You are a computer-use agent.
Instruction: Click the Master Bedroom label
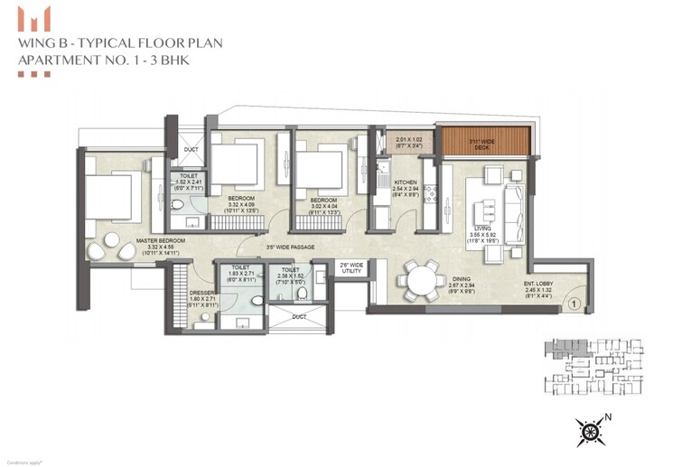[x=161, y=240]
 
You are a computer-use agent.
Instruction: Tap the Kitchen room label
[x=407, y=182]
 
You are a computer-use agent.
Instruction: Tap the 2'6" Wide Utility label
[x=350, y=266]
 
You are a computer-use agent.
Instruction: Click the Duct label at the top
[x=190, y=149]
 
